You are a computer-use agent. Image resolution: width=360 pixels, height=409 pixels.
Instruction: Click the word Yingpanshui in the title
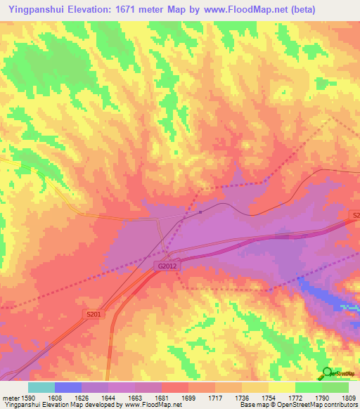coord(33,10)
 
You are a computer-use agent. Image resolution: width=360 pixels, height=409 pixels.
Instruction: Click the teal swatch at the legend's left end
coord(41,387)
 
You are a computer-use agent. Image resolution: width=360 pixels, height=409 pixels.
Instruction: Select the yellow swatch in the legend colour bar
coord(282,387)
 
